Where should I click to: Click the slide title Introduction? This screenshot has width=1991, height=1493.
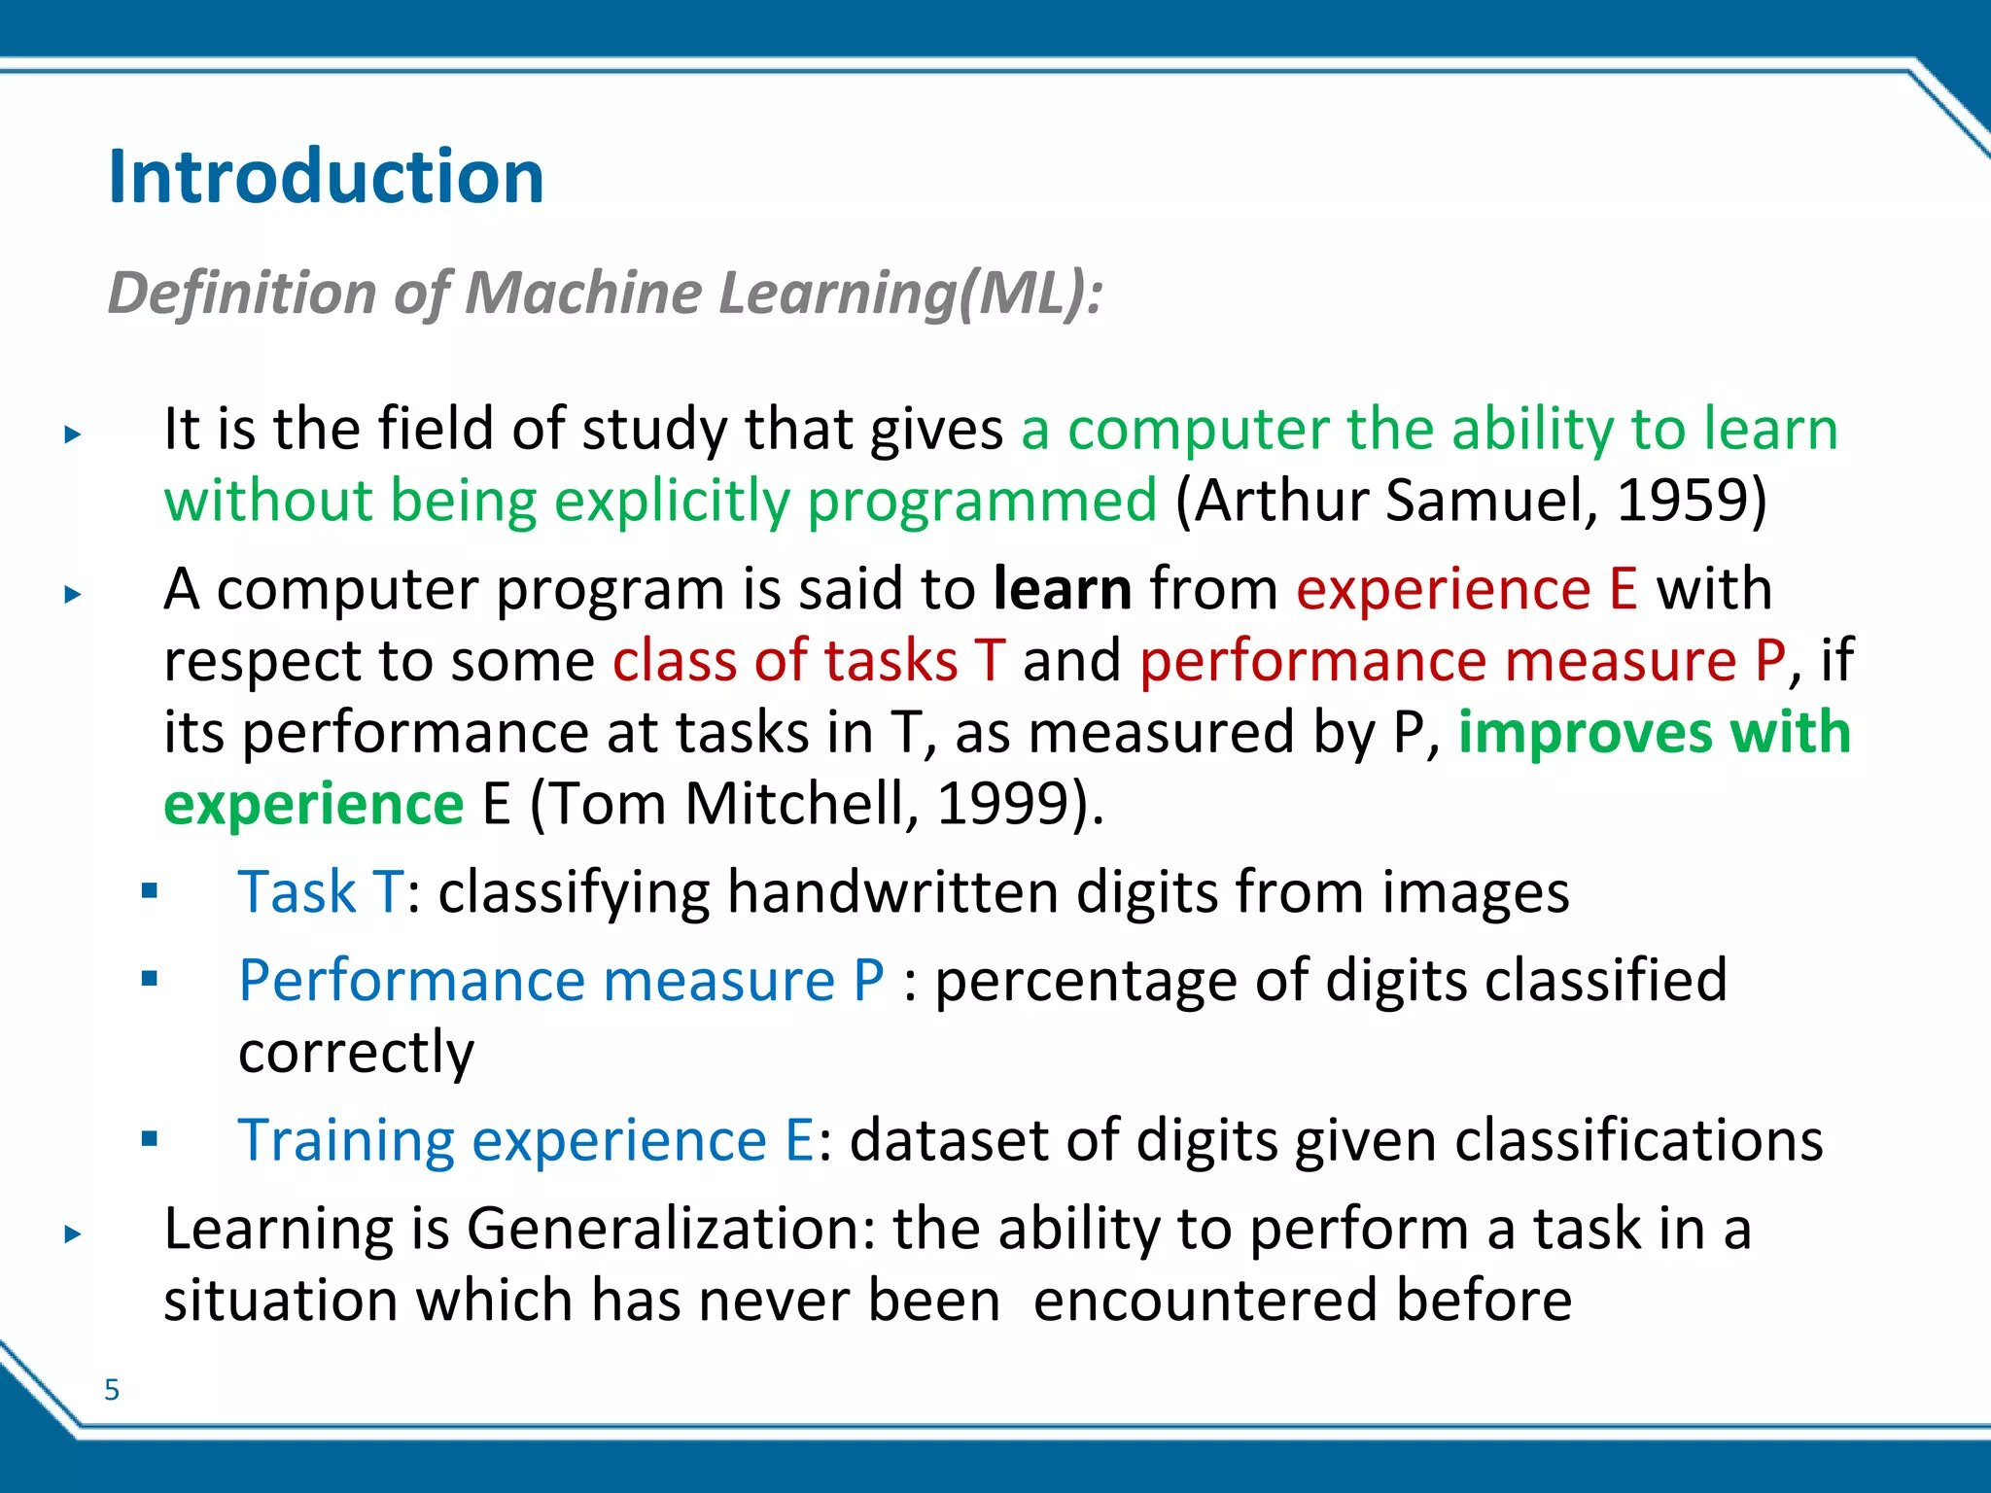point(326,177)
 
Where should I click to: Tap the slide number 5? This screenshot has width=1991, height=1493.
point(112,1390)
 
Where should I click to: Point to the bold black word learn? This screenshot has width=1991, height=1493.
point(1063,589)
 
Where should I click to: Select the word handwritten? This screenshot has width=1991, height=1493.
point(891,892)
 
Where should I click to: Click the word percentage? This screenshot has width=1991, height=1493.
point(1085,982)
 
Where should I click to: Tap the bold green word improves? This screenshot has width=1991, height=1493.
point(1585,732)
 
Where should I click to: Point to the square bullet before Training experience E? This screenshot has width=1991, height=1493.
point(149,1139)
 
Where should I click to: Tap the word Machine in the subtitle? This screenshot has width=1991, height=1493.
point(583,293)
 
